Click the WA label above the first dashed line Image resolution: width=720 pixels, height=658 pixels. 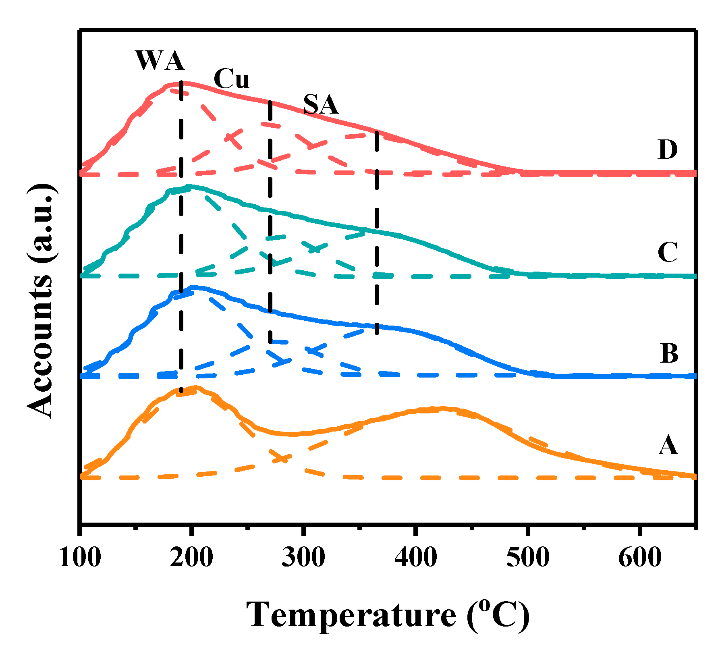coord(160,61)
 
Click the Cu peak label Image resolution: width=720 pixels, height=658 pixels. coord(231,79)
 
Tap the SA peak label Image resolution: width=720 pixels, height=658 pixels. coord(321,105)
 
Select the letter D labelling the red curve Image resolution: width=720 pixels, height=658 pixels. coord(668,150)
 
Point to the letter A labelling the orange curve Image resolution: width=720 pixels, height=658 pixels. coord(668,446)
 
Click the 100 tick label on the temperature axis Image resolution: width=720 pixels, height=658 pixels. coord(80,558)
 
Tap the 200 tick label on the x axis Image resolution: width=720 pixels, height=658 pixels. coord(191,558)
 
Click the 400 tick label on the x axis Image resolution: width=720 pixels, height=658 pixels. coord(415,558)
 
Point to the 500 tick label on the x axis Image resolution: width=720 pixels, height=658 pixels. coord(527,558)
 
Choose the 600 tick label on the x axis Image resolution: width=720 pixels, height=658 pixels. coord(639,558)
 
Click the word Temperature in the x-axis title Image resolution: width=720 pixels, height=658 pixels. coord(351,615)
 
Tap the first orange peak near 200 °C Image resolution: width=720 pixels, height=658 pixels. coord(195,388)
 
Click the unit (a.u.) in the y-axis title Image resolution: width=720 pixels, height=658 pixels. coord(40,224)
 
